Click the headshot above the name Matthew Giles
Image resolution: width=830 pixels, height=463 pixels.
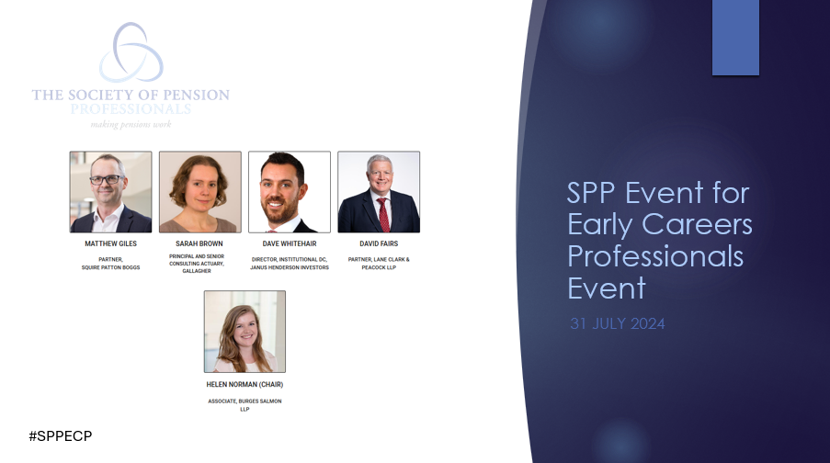(110, 192)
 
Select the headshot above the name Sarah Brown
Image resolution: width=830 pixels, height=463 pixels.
(199, 192)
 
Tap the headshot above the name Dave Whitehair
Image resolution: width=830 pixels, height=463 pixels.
(289, 192)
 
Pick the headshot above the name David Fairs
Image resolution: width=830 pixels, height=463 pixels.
(379, 192)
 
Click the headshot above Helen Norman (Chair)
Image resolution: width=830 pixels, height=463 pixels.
(244, 332)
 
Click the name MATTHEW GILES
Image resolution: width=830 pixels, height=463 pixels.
(110, 245)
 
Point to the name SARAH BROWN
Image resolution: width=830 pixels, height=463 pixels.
(199, 245)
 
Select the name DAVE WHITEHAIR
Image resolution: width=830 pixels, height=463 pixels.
(289, 245)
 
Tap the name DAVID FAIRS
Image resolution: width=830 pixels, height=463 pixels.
(379, 245)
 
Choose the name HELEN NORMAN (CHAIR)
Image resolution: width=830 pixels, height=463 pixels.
(244, 385)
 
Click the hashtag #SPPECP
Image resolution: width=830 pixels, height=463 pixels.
(60, 435)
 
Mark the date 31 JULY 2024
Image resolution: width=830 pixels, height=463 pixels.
(617, 324)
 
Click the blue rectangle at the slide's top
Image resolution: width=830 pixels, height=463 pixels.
(735, 37)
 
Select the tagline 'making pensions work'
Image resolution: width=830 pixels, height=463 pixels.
(131, 124)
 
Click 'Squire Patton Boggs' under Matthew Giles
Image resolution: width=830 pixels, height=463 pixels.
(110, 267)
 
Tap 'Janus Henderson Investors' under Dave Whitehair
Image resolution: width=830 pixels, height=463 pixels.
(289, 267)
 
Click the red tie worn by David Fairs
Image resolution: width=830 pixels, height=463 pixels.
(382, 213)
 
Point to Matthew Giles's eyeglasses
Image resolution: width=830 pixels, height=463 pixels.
(107, 179)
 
